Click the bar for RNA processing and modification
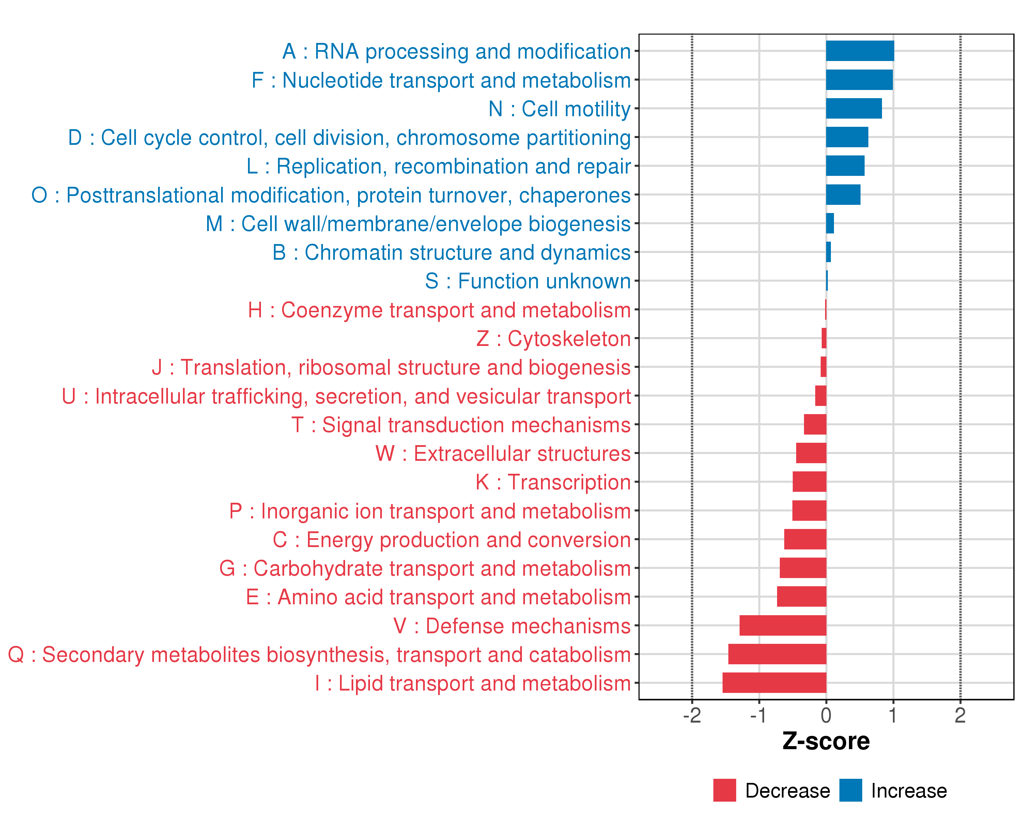[860, 51]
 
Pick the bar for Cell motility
[854, 109]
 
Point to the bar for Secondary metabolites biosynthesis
[777, 654]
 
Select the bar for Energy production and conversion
[805, 539]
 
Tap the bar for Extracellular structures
[811, 453]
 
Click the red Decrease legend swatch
[724, 790]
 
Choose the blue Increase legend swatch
[850, 790]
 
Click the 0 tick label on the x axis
[826, 715]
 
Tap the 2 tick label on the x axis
[960, 715]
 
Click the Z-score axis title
[826, 741]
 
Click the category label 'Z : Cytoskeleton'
[553, 338]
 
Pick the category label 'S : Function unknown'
[528, 281]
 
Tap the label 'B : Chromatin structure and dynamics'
[451, 252]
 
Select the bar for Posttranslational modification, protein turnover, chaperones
[843, 194]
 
